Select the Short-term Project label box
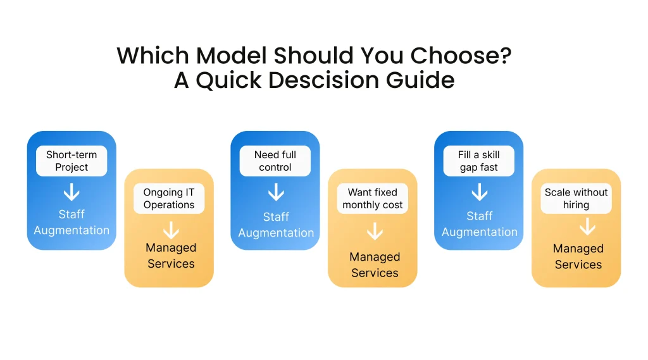click(72, 161)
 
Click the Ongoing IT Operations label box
click(169, 198)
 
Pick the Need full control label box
click(275, 161)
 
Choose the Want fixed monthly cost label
click(373, 198)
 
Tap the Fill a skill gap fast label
click(479, 161)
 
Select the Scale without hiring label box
click(576, 198)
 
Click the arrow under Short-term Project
click(72, 192)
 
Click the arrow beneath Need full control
click(275, 192)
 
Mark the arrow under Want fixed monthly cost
click(375, 232)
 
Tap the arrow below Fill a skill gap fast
click(479, 192)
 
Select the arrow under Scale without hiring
click(587, 227)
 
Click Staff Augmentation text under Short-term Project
click(72, 222)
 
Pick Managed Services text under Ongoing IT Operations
click(171, 256)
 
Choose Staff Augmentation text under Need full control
click(276, 225)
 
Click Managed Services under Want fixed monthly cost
click(375, 264)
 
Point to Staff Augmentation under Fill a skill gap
click(480, 224)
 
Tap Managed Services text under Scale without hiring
click(578, 256)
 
